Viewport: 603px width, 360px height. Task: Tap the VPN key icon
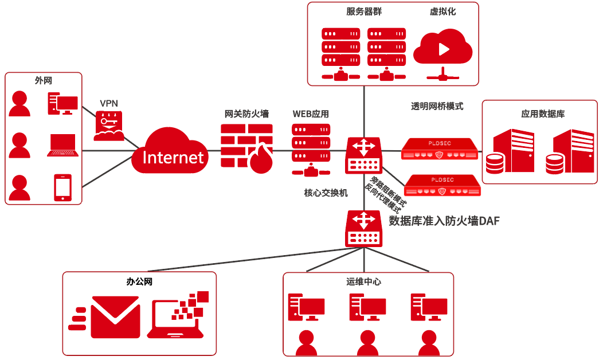tap(109, 126)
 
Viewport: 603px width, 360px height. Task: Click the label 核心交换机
tap(326, 193)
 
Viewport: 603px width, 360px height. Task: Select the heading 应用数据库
tap(542, 114)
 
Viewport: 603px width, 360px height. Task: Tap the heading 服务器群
tap(363, 11)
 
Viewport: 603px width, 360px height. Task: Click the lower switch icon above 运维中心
tap(363, 228)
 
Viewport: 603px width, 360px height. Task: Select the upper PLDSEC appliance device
tap(439, 148)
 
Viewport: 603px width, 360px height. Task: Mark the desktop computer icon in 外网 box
tap(62, 104)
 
